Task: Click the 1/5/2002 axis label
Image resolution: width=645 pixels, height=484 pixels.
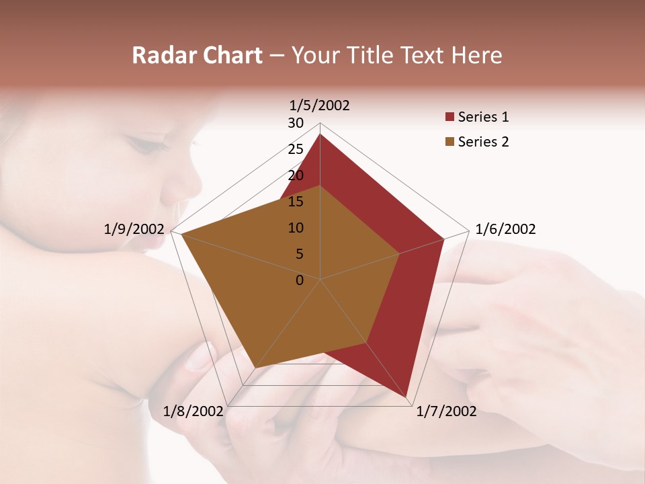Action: (320, 106)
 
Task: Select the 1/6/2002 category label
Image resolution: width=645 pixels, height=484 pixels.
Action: (505, 229)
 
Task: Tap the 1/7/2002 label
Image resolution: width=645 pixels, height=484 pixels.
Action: (446, 411)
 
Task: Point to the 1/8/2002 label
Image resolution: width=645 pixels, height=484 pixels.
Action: (193, 411)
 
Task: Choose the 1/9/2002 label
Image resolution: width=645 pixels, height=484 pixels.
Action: (134, 229)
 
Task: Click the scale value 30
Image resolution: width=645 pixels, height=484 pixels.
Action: (296, 123)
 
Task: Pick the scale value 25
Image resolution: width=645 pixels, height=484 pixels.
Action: (296, 149)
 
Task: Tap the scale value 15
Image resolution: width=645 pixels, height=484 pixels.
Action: (296, 202)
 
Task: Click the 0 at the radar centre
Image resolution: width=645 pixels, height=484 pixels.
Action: (300, 280)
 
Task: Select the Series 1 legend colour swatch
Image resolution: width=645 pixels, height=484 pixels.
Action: (449, 118)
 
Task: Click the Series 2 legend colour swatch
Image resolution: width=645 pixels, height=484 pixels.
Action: (449, 142)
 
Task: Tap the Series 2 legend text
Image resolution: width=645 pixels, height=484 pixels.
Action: (483, 142)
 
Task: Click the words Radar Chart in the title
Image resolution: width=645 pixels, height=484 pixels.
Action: (197, 55)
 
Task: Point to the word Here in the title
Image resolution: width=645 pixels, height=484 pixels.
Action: (476, 55)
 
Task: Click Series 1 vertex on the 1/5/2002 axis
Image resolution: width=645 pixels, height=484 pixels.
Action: (320, 134)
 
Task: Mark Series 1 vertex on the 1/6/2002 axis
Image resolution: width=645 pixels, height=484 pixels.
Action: (443, 239)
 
